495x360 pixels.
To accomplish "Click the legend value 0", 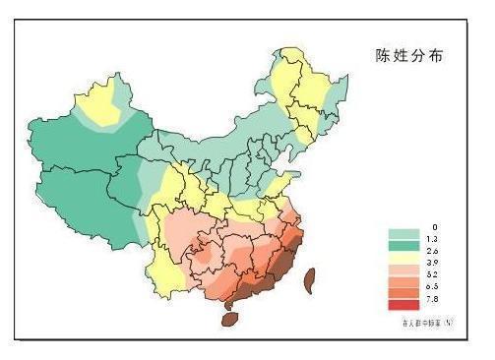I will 434,227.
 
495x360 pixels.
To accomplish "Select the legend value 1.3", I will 434,239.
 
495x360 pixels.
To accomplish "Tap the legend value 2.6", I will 434,253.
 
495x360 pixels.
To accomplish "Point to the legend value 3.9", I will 434,266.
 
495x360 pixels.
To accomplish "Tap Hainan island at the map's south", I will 229,318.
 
